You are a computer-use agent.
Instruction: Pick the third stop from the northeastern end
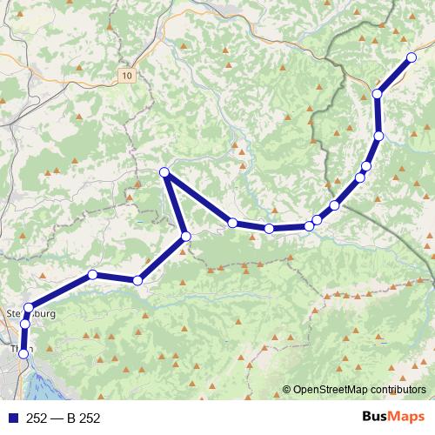379,136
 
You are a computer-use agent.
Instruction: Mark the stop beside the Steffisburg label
29,307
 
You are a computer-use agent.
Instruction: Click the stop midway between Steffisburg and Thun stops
24,325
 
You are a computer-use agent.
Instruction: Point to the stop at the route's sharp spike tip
164,172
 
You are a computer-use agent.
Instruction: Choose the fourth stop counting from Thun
93,275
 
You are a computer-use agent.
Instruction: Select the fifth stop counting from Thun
137,280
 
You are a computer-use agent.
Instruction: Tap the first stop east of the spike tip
232,224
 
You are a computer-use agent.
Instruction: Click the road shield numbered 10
128,76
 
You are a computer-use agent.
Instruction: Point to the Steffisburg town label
30,314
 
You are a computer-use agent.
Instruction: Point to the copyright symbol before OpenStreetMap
286,391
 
